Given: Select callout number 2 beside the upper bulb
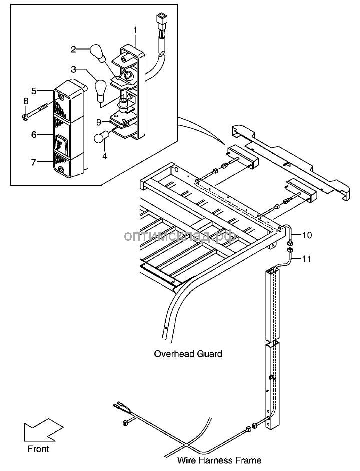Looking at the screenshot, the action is pyautogui.click(x=73, y=49).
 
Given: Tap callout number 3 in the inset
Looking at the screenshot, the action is pyautogui.click(x=74, y=70).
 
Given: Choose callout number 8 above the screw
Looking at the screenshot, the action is pyautogui.click(x=26, y=101).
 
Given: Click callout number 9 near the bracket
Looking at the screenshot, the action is pyautogui.click(x=99, y=122).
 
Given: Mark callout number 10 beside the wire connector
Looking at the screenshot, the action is pyautogui.click(x=307, y=235).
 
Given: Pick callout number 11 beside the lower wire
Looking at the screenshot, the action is pyautogui.click(x=306, y=258).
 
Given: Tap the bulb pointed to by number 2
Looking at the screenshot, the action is pyautogui.click(x=97, y=52).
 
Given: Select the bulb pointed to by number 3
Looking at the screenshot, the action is pyautogui.click(x=100, y=88).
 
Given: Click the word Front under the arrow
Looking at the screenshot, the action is pyautogui.click(x=38, y=449).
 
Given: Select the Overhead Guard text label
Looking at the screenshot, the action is pyautogui.click(x=188, y=354).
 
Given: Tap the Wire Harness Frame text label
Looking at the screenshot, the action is pyautogui.click(x=219, y=460).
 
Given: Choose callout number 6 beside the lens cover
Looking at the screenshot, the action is pyautogui.click(x=34, y=134).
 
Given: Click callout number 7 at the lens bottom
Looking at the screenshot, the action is pyautogui.click(x=34, y=162).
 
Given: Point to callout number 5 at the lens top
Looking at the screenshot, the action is pyautogui.click(x=34, y=91).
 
